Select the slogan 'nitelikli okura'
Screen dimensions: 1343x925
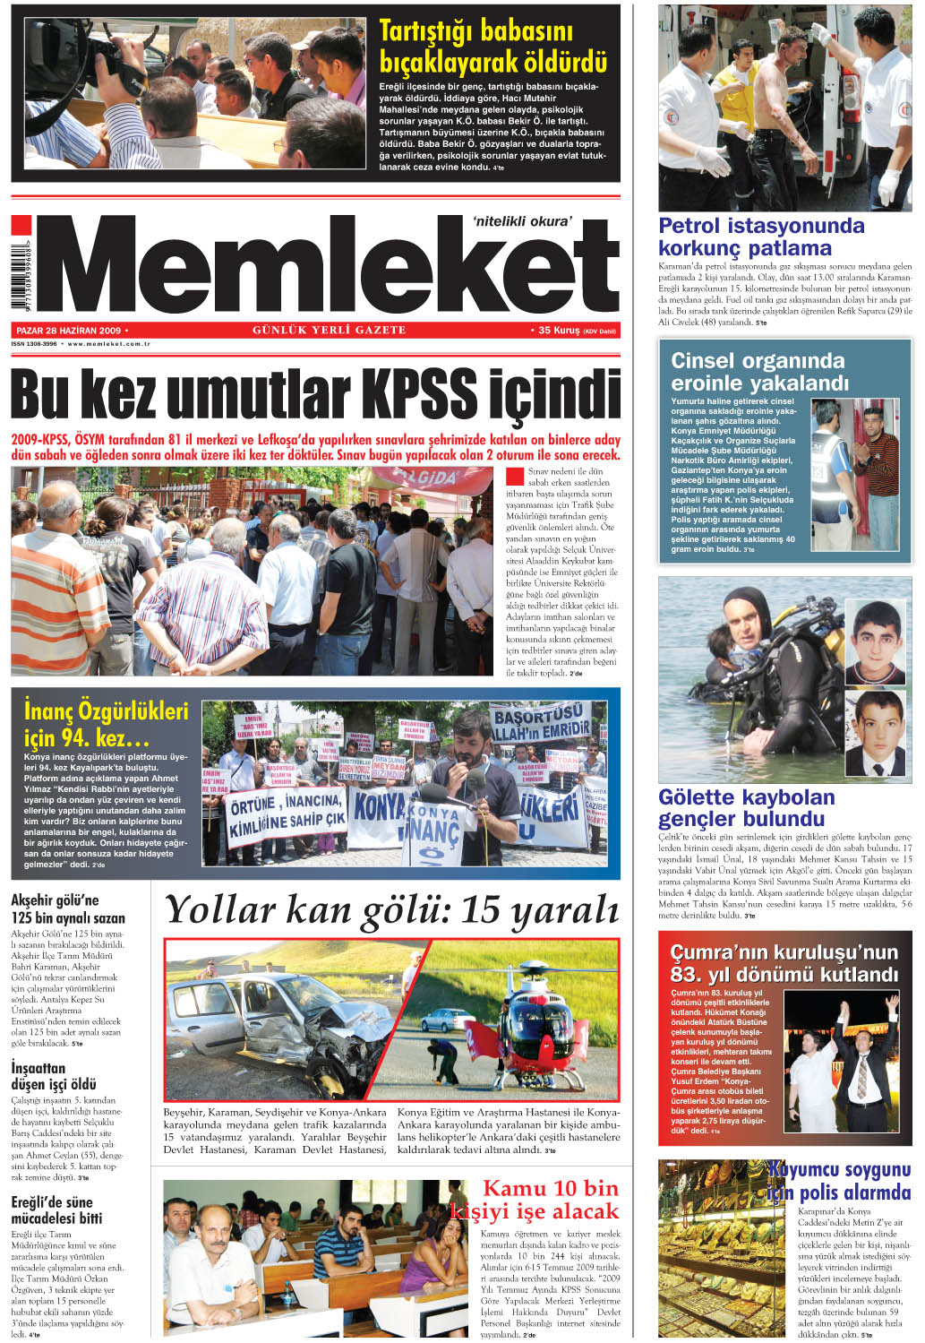point(521,221)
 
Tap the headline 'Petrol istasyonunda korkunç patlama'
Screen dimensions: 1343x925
point(761,237)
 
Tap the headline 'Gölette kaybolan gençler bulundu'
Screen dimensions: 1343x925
point(747,808)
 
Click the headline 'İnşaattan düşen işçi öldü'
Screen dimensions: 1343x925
point(54,1076)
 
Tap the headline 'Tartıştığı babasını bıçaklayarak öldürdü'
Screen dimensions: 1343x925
point(492,47)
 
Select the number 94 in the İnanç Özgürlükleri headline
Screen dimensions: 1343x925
point(75,739)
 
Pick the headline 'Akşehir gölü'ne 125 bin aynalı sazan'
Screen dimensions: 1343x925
point(68,908)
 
